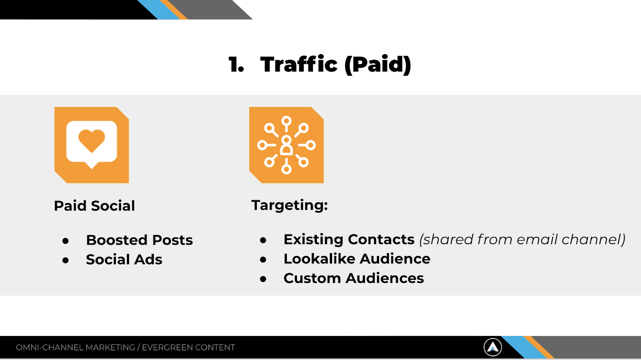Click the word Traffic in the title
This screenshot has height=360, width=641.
click(299, 64)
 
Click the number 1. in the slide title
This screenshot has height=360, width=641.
click(236, 64)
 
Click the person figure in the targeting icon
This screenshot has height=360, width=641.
click(286, 145)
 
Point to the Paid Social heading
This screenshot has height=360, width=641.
click(95, 206)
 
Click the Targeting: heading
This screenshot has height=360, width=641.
click(290, 205)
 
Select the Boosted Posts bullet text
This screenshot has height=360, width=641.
click(139, 240)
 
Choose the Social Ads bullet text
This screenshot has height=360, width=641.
click(124, 259)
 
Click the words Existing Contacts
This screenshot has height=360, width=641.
click(349, 239)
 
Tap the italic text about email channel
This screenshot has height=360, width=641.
click(522, 239)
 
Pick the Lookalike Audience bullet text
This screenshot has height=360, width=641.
click(357, 259)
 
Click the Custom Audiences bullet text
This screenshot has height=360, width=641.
click(354, 278)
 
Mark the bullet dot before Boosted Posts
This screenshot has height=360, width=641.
click(66, 241)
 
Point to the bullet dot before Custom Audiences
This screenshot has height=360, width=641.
click(263, 279)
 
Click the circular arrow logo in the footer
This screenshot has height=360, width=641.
click(493, 347)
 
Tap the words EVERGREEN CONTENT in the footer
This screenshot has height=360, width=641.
click(189, 348)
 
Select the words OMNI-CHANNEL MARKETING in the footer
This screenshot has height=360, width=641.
click(75, 348)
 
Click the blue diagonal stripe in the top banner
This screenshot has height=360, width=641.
click(158, 10)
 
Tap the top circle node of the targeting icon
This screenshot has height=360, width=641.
click(286, 121)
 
